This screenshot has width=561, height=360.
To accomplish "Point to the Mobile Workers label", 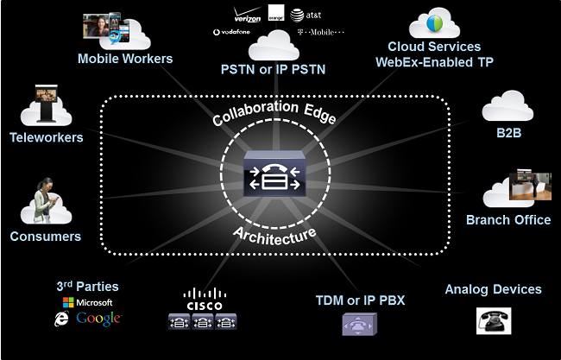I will coord(125,59).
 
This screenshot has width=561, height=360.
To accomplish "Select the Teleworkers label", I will coord(47,137).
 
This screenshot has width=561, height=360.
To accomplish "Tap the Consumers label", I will coord(46,236).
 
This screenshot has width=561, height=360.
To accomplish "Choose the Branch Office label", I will coord(508,219).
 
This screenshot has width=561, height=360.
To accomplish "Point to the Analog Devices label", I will coord(493,289).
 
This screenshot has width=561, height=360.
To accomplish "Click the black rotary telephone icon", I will coord(494,320).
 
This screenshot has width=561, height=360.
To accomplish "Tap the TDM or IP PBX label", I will coord(360,300).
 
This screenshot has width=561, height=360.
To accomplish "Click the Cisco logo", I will coord(205,300).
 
